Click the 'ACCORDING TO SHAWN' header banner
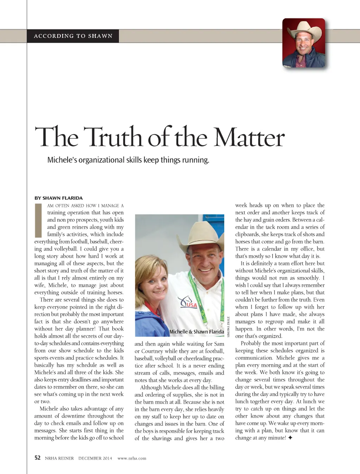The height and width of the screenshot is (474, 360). point(73,36)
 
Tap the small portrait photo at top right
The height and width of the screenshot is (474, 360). point(304,43)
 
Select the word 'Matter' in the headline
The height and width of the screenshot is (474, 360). point(249,137)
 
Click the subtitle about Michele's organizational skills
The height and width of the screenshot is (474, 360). point(128,160)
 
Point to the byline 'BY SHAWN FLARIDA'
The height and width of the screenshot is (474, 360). point(59,198)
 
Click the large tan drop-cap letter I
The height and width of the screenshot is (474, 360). point(38,220)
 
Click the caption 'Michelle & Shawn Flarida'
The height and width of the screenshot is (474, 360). point(197,332)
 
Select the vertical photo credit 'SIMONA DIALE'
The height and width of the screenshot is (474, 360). point(228,327)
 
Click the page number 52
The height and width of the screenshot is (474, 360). point(38,457)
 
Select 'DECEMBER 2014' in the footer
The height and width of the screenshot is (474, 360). point(95,458)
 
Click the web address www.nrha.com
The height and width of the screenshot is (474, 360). point(132,458)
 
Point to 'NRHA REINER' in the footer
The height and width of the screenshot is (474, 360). point(59,458)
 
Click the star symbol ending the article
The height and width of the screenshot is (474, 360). point(290,438)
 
